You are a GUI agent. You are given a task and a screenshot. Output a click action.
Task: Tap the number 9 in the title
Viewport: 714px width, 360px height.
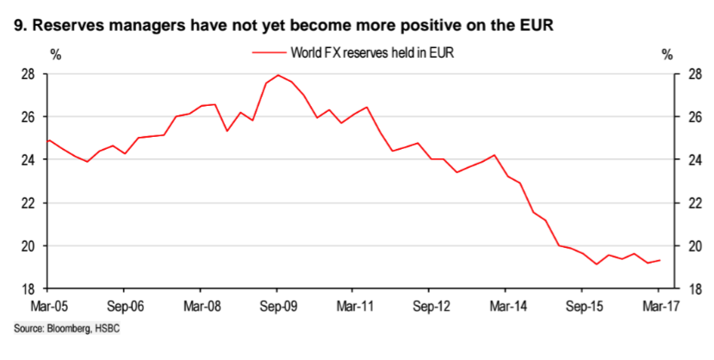[x=20, y=25]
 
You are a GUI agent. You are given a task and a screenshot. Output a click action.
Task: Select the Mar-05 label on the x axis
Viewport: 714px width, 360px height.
[x=48, y=306]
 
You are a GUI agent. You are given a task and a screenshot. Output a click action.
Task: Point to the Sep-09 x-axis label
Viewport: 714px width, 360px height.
[x=276, y=306]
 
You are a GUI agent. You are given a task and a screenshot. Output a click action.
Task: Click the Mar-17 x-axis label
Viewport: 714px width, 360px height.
[x=658, y=306]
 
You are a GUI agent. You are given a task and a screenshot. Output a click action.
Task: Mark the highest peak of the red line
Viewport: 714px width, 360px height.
[x=276, y=75]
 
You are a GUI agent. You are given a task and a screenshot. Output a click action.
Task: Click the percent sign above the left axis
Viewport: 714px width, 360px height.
[x=56, y=54]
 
